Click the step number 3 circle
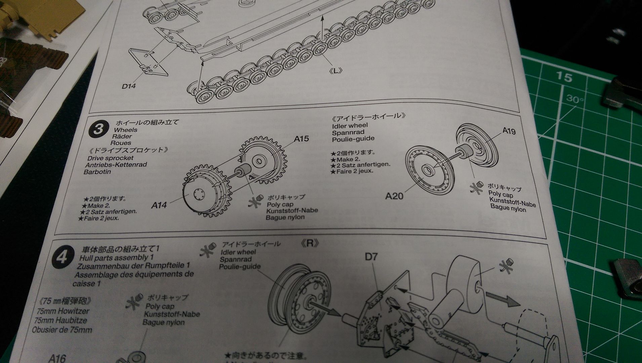coord(98,129)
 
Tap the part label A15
coord(301,139)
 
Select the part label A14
coord(159,205)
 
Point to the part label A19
coord(509,131)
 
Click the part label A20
coord(394,196)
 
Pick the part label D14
coord(129,86)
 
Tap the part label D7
coord(371,257)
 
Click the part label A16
coord(57,359)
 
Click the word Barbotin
coord(97,172)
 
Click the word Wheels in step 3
coord(125,130)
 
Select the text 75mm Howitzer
coord(59,311)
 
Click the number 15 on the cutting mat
coord(564,77)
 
